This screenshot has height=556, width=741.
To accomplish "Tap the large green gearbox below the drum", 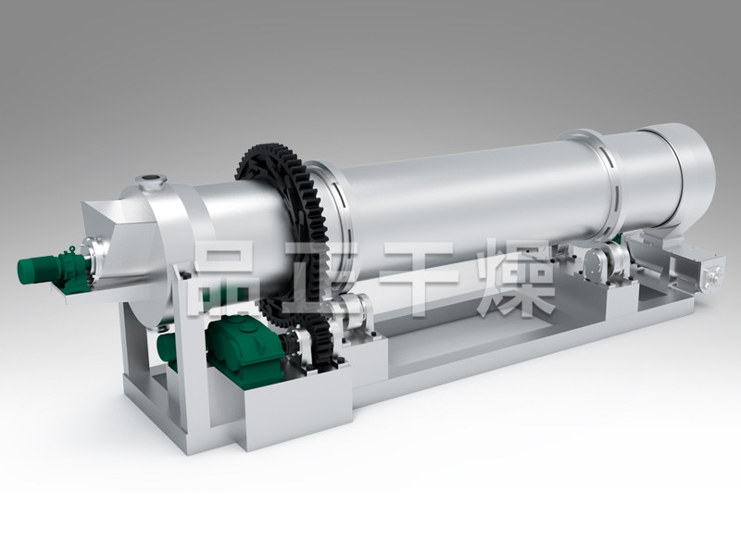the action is (245, 347).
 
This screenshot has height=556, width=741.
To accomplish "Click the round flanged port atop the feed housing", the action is (151, 182).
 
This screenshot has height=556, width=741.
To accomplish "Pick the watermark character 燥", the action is (518, 276).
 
